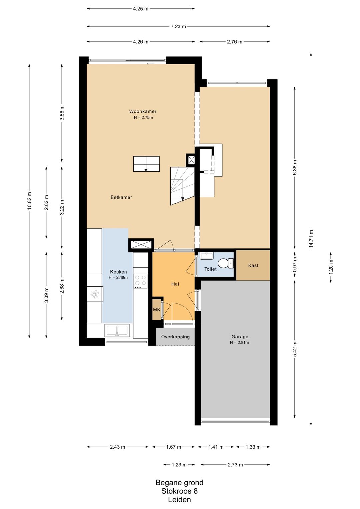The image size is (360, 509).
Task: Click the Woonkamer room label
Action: point(143,111)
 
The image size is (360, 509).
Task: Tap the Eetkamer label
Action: point(121,197)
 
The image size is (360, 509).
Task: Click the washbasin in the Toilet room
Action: point(206,256)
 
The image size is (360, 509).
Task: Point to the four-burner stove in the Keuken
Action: point(140,281)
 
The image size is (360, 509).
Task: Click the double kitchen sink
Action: point(117,330)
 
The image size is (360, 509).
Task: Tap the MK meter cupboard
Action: point(156,309)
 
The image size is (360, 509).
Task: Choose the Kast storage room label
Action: point(253,265)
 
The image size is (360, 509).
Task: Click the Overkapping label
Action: point(175,337)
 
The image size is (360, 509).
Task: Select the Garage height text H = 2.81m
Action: point(240,342)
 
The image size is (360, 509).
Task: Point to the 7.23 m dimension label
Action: point(178,27)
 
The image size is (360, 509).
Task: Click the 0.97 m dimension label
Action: point(295,264)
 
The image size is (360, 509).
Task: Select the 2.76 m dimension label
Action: point(235,42)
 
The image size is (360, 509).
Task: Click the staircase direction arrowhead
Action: point(183,199)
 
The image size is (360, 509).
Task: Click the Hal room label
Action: point(175,284)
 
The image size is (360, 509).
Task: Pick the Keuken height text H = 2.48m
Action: point(118,277)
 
